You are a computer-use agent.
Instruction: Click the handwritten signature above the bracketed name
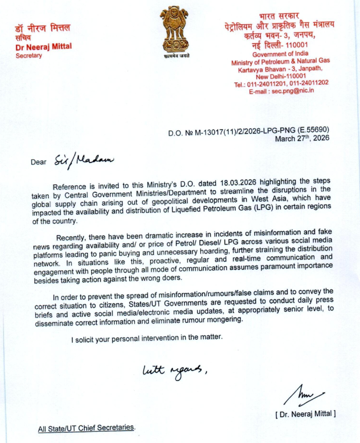[x=303, y=395]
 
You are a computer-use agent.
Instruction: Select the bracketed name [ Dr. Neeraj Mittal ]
[x=305, y=414]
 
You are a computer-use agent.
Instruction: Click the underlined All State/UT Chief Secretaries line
[x=86, y=428]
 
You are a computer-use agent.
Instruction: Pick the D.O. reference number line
[x=249, y=131]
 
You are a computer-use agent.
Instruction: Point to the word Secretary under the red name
[x=29, y=56]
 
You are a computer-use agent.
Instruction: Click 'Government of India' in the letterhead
[x=280, y=55]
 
